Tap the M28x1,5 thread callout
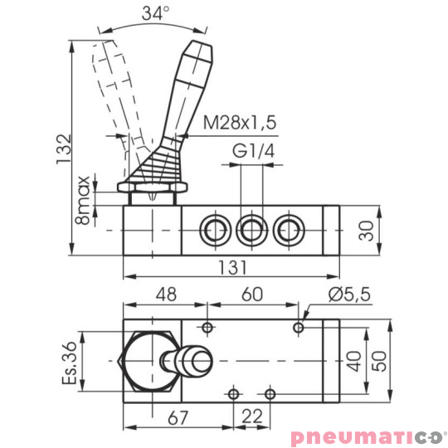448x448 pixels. coord(240,123)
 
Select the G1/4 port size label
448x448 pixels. coord(252,152)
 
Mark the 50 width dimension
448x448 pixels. coord(380,361)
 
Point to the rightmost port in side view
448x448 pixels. coord(286,229)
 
